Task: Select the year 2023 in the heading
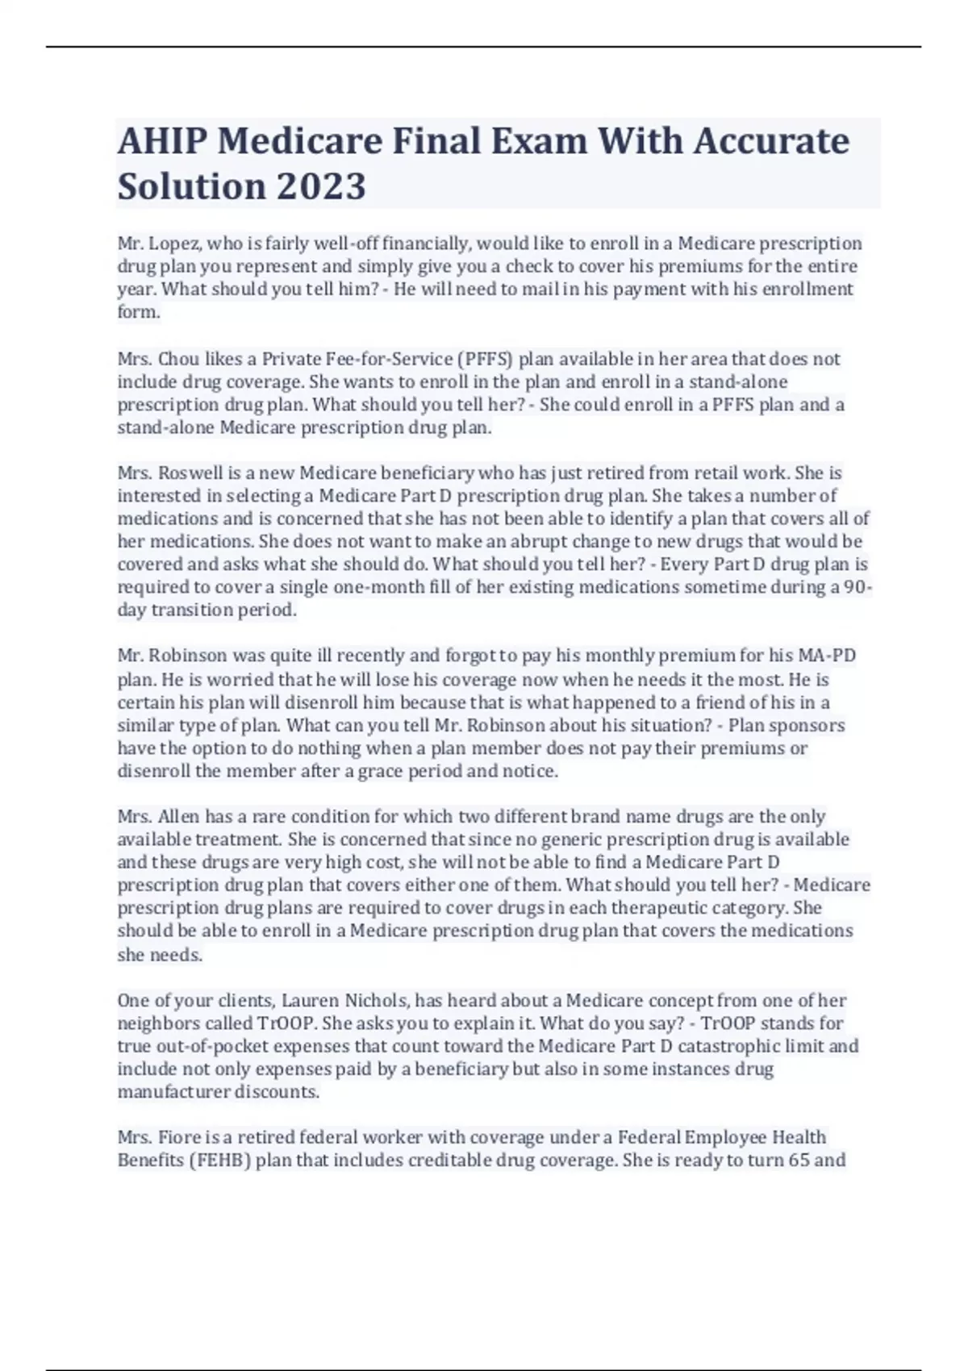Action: coord(322,186)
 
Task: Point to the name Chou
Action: coord(178,359)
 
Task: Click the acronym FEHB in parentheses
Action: coord(211,1161)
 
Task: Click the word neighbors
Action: coord(156,1023)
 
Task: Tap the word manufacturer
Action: coord(173,1092)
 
